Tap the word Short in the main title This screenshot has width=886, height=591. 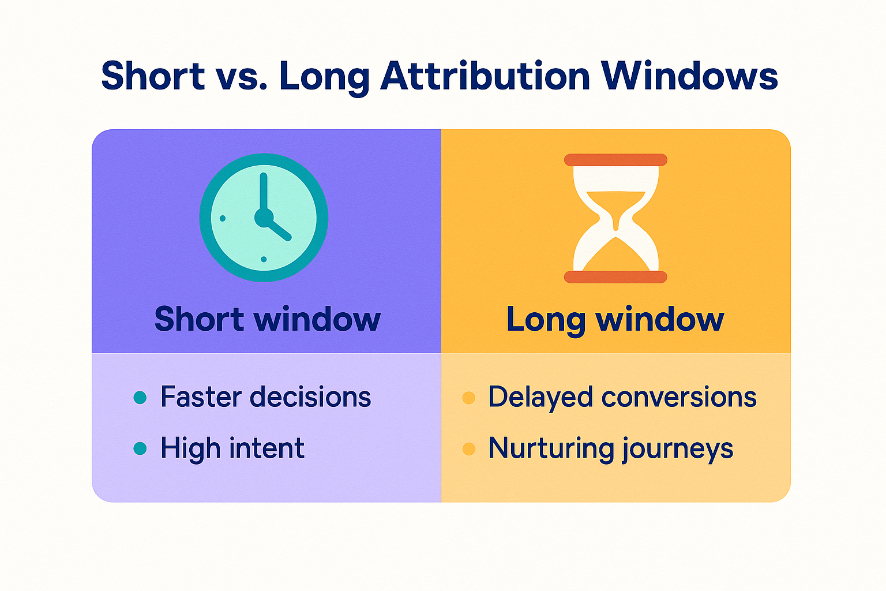(x=153, y=76)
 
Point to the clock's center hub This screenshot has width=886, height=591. (x=264, y=218)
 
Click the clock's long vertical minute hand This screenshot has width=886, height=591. (x=264, y=192)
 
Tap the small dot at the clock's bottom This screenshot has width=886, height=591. (x=264, y=259)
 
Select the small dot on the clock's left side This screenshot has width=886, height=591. (x=222, y=219)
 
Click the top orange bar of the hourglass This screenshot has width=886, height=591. (x=615, y=160)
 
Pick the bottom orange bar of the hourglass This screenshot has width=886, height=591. (x=615, y=277)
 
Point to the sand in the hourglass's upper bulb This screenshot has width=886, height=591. (x=616, y=206)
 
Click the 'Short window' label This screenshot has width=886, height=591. (x=268, y=319)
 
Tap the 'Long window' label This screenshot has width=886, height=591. (x=615, y=320)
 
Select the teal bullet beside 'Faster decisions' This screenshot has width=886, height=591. (x=140, y=398)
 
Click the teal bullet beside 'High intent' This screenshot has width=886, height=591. (x=140, y=448)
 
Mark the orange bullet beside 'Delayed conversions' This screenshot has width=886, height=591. (x=469, y=398)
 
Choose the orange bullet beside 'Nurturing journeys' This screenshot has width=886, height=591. (x=469, y=449)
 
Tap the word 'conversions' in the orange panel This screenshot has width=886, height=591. (x=679, y=397)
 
